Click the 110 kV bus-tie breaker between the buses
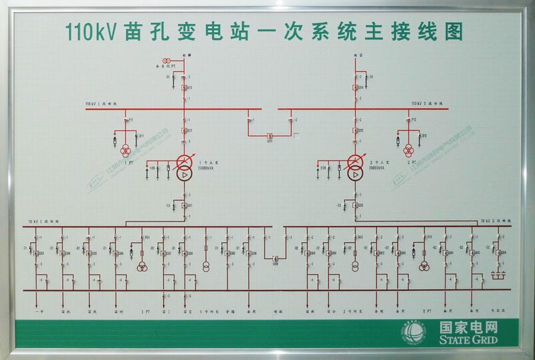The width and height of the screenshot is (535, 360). (270, 135)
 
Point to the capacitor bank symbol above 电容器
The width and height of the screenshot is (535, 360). (497, 274)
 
